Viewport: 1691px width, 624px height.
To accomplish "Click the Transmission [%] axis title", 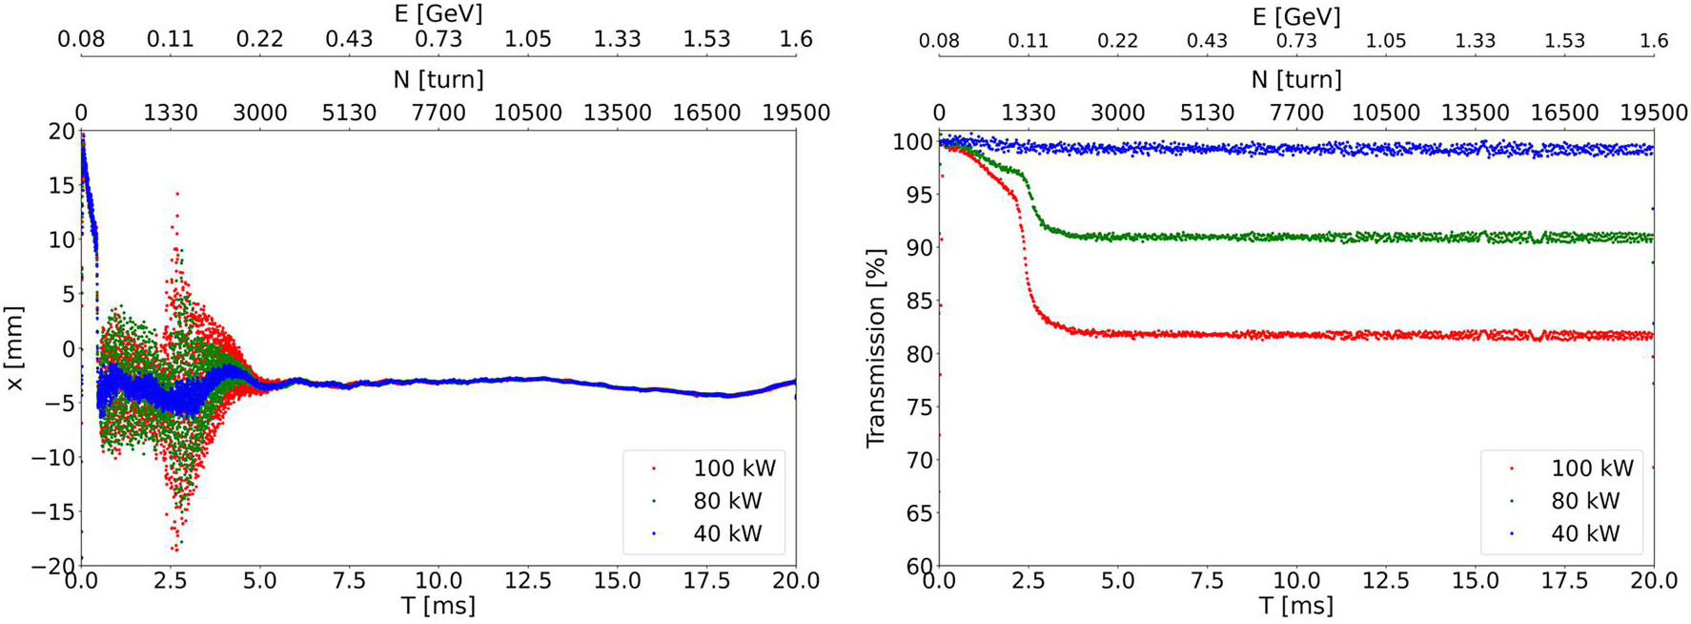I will click(875, 348).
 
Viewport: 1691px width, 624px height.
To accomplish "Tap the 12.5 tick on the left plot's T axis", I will click(528, 580).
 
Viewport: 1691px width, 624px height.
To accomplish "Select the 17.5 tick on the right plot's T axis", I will click(1564, 580).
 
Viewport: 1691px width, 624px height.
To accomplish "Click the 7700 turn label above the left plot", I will click(438, 113).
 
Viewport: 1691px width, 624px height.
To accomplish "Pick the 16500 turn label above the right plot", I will click(1564, 113).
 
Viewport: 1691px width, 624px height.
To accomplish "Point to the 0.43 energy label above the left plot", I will click(349, 39).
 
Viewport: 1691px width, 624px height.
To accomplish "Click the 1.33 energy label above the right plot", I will click(1475, 41).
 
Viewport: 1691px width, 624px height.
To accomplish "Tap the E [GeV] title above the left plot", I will click(438, 13).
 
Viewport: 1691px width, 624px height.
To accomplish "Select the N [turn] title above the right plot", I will click(1296, 79).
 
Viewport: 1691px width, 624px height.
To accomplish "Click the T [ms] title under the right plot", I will click(1296, 606).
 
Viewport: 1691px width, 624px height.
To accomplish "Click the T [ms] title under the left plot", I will click(438, 606).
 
